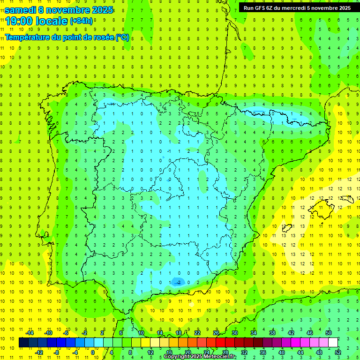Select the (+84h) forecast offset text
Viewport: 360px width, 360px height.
tap(81, 21)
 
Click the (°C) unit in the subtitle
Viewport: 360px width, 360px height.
tap(122, 37)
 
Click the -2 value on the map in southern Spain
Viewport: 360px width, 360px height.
tap(177, 282)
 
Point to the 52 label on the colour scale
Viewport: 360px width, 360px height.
tap(338, 352)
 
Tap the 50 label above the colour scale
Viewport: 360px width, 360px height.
tap(329, 333)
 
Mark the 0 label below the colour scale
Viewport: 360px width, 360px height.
tap(94, 352)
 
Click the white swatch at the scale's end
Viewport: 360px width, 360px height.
tap(333, 343)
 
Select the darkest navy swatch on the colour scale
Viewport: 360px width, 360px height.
tap(23, 343)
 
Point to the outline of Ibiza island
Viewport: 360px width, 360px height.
tap(286, 229)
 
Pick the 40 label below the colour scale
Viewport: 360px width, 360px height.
tap(282, 352)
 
